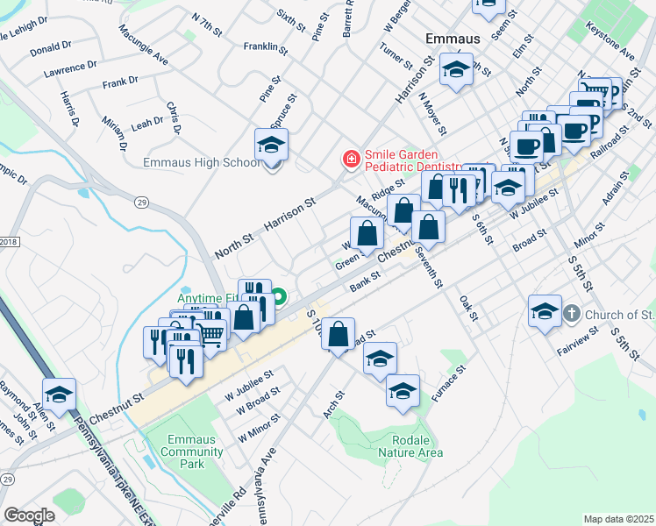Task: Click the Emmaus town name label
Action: tap(452, 39)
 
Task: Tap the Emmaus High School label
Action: tap(203, 162)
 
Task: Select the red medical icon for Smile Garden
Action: tap(351, 160)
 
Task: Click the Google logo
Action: tap(29, 515)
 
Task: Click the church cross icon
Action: tap(571, 314)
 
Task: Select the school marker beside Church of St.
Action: tap(544, 312)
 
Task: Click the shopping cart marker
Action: tap(212, 331)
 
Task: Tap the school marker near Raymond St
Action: tap(59, 395)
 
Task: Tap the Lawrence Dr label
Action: tap(72, 67)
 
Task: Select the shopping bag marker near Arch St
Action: tap(338, 335)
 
